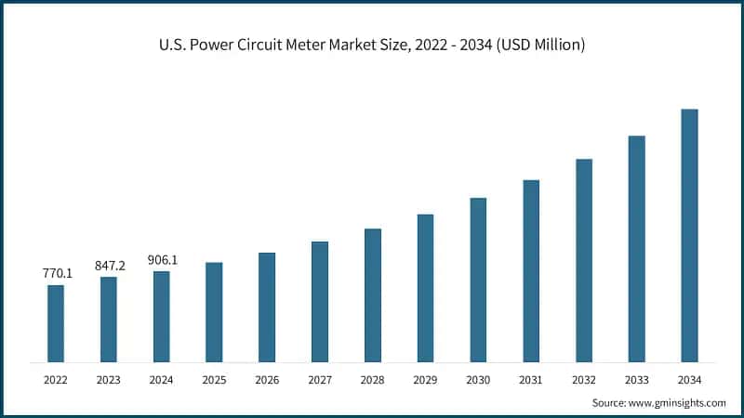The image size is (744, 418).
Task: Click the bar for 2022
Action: pyautogui.click(x=56, y=323)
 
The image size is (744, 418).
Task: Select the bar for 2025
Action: pyautogui.click(x=214, y=312)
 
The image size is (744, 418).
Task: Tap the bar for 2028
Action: pyautogui.click(x=372, y=295)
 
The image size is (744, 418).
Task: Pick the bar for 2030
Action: pyautogui.click(x=478, y=280)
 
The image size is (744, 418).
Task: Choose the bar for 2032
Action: pyautogui.click(x=583, y=260)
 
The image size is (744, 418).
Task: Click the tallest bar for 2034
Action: pyautogui.click(x=689, y=235)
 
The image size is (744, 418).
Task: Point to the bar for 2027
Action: pyautogui.click(x=319, y=302)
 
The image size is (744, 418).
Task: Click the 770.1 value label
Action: pyautogui.click(x=56, y=274)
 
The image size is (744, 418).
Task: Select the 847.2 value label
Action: pyautogui.click(x=109, y=266)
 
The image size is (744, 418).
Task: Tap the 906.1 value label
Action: pyautogui.click(x=161, y=260)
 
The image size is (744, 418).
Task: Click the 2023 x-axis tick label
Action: pyautogui.click(x=109, y=380)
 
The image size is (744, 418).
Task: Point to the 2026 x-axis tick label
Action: pyautogui.click(x=267, y=380)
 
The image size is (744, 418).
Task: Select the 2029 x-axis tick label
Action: pyautogui.click(x=425, y=380)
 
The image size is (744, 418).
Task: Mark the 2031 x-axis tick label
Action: pyautogui.click(x=531, y=380)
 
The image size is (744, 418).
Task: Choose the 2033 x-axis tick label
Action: pyautogui.click(x=636, y=380)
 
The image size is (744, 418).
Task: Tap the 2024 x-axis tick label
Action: pyautogui.click(x=161, y=380)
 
